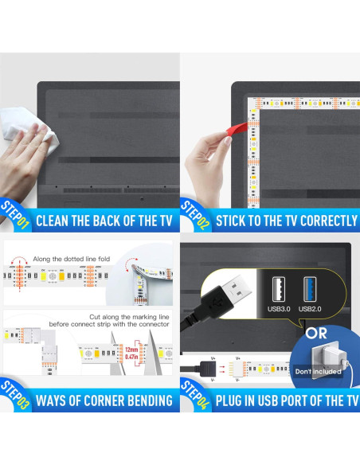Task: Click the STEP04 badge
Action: pos(195,393)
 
